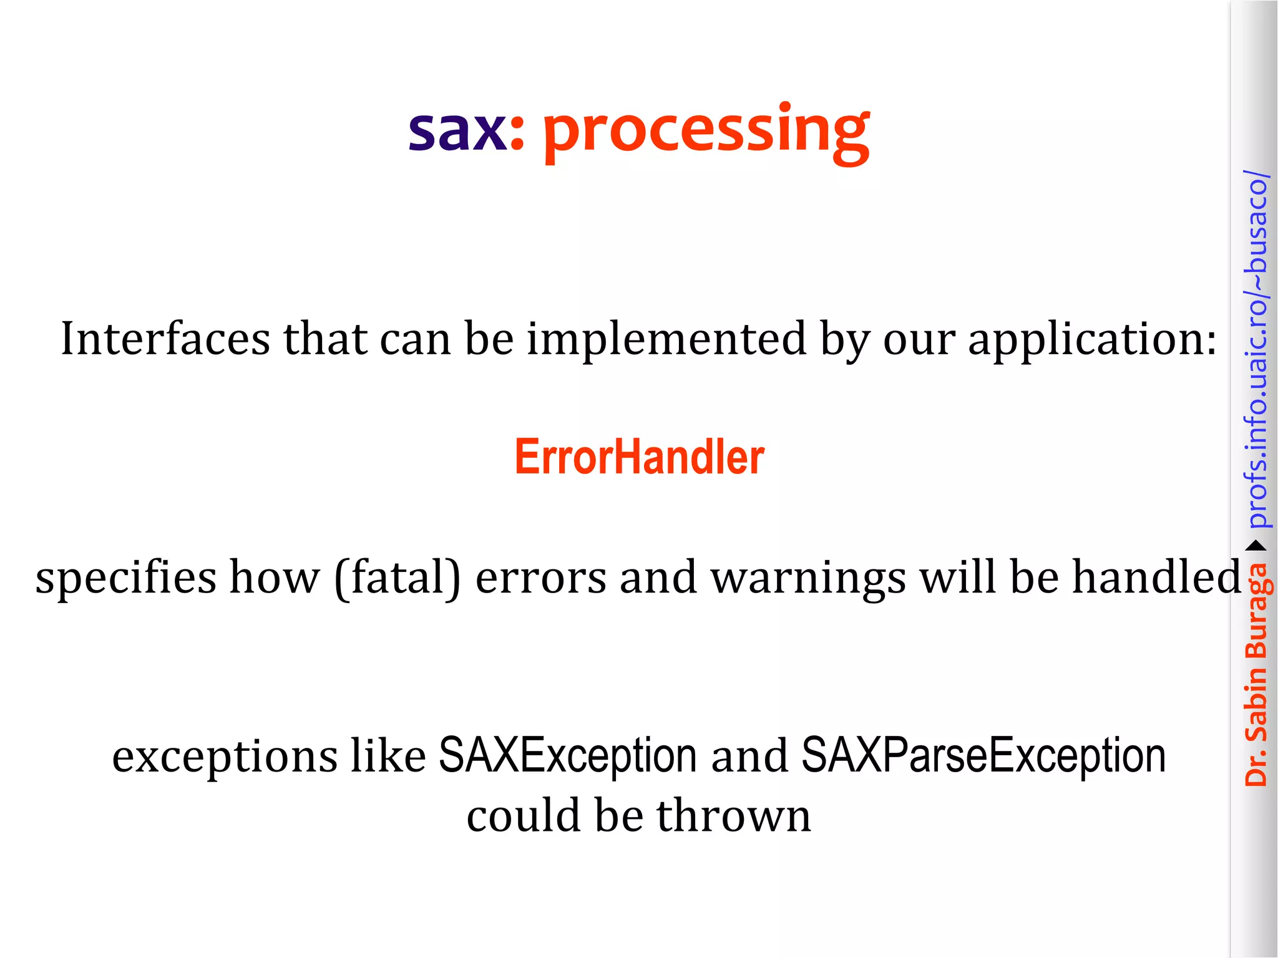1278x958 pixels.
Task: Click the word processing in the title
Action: [706, 131]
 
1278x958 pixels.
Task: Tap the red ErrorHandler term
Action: [639, 457]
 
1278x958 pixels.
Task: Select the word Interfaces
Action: [165, 339]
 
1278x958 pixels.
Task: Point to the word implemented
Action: [666, 339]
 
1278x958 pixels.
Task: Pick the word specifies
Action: [125, 578]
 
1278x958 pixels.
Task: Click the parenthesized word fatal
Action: [398, 578]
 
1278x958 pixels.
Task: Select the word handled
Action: [1157, 576]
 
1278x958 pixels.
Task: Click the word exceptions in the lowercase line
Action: [225, 757]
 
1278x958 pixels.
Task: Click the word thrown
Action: [733, 816]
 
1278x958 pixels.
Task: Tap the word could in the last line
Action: [524, 816]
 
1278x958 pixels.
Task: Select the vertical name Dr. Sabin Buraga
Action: [1256, 674]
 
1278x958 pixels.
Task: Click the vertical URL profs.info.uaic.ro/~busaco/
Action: [1256, 349]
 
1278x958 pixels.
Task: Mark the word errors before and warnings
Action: [540, 578]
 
